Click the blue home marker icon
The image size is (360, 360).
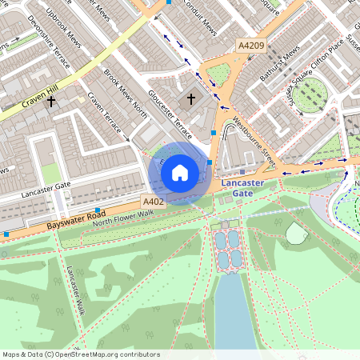point(180,172)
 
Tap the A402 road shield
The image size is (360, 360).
point(153,202)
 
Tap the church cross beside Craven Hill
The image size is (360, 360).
point(52,102)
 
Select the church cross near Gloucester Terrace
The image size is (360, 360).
point(190,99)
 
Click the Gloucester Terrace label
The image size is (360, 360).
point(169,120)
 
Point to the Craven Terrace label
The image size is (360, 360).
point(108,117)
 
